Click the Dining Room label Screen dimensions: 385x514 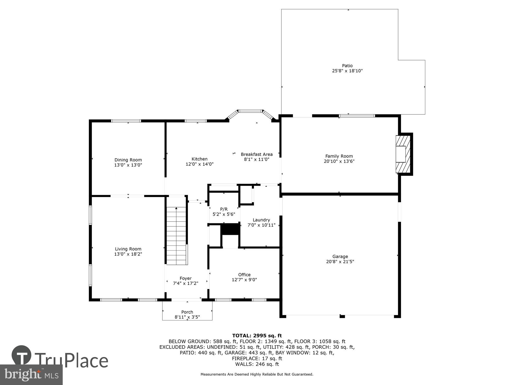coord(128,160)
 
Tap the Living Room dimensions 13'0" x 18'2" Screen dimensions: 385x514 coord(128,254)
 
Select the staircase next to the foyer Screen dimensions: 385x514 coord(176,236)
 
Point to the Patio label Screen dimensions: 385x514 coord(347,66)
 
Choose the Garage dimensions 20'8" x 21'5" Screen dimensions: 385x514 coord(340,262)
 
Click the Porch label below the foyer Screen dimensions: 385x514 coord(187,312)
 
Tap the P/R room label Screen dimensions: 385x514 coord(224,209)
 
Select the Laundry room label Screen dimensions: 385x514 coord(261,220)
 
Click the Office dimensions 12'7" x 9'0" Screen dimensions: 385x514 coord(244,280)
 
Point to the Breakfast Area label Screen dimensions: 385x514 coord(256,154)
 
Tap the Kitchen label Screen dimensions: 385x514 coord(199,159)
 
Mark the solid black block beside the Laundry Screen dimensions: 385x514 coord(230,229)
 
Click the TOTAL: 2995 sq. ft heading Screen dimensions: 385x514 coord(257,335)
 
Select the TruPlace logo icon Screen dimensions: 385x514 coord(22,355)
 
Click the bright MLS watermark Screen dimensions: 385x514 coord(31,375)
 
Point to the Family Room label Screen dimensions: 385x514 coord(339,156)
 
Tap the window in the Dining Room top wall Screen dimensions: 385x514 coord(126,121)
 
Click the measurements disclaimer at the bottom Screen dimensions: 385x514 coord(257,374)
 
